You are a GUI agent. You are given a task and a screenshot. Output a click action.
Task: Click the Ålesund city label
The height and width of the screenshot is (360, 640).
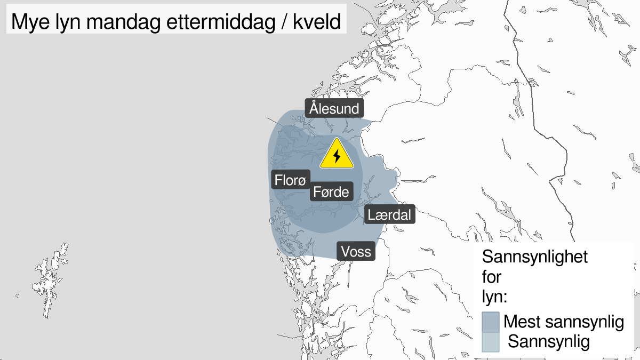tap(334, 109)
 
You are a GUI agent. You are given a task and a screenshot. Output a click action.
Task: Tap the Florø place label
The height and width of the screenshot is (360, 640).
tap(290, 180)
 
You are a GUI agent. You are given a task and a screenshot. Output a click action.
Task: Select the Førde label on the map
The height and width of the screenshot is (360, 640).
tap(331, 191)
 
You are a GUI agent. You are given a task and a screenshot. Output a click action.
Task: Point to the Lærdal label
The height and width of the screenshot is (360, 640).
tap(389, 215)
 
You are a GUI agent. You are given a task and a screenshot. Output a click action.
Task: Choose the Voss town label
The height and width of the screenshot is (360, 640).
tap(356, 251)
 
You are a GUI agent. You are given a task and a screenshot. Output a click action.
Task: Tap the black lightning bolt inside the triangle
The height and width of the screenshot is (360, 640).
tap(337, 156)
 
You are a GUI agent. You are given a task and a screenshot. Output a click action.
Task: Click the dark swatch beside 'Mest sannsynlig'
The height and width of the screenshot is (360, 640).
tap(490, 322)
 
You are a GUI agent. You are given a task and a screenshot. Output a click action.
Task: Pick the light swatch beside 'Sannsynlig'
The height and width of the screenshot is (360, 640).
tap(490, 342)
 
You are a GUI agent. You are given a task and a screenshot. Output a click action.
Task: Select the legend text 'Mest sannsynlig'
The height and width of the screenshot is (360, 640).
tap(564, 322)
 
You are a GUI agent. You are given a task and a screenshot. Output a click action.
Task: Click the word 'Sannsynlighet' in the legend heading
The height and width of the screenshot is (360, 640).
tap(535, 257)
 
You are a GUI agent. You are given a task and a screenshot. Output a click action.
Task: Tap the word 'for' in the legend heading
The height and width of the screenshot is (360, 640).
tap(492, 276)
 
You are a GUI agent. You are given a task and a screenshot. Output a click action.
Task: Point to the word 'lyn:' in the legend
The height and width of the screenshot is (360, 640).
tap(494, 297)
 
